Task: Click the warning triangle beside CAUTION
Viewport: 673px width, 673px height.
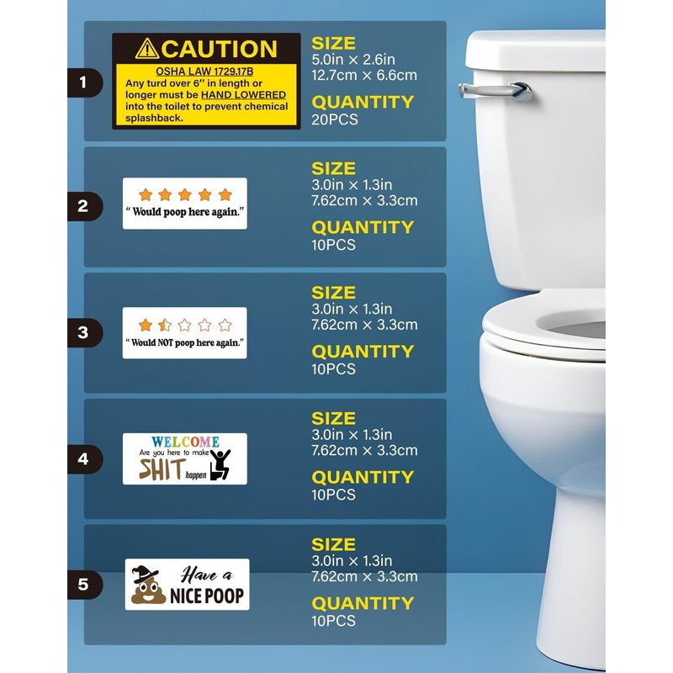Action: click(x=146, y=49)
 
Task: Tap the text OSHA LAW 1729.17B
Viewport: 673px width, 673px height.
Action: click(x=204, y=72)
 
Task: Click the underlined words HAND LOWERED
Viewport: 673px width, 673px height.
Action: click(x=243, y=95)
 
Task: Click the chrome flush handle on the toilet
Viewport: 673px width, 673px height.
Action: click(x=495, y=91)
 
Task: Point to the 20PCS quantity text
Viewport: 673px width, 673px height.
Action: click(x=335, y=119)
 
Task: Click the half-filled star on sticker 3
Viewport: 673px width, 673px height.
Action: click(x=165, y=326)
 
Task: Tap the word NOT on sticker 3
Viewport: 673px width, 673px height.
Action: click(x=164, y=343)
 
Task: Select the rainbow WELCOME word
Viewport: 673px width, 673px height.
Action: click(x=185, y=442)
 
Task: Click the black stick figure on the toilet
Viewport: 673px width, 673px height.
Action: click(x=220, y=464)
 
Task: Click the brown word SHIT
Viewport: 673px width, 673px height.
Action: click(x=162, y=469)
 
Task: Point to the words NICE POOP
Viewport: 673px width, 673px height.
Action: click(x=207, y=596)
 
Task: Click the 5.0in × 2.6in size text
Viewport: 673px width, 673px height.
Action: click(x=353, y=59)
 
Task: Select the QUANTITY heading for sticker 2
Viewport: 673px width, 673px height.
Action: click(x=363, y=227)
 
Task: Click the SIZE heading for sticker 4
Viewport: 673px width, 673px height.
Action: click(x=333, y=418)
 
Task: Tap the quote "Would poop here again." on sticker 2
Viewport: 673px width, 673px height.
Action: click(x=185, y=212)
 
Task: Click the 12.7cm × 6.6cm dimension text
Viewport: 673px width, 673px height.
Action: click(x=364, y=75)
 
